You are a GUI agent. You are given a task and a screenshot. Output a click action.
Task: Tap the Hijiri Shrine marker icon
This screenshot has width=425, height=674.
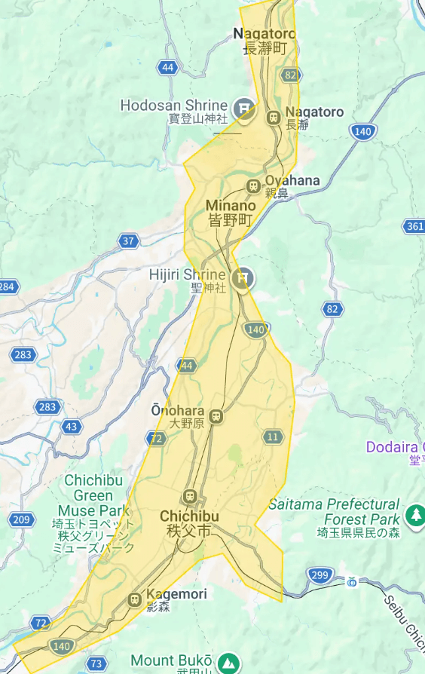click(243, 278)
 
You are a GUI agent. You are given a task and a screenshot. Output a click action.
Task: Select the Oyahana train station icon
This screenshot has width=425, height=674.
click(253, 186)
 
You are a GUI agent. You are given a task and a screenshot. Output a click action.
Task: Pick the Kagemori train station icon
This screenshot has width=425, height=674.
click(136, 599)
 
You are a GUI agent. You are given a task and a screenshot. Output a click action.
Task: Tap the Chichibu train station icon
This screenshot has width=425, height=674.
click(188, 497)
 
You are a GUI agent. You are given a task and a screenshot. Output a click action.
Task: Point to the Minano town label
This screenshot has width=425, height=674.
click(229, 213)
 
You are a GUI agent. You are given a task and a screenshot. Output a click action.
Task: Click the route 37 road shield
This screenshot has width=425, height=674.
click(128, 241)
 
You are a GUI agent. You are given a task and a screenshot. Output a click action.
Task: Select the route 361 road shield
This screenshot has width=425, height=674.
click(414, 226)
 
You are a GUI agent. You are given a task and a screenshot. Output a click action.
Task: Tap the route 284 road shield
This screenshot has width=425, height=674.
click(8, 286)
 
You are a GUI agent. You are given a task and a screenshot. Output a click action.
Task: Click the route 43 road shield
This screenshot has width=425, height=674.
click(72, 427)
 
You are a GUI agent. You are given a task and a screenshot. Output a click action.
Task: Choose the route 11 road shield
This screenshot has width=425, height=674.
click(273, 437)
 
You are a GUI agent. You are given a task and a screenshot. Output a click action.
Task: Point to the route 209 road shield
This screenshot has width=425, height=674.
click(22, 519)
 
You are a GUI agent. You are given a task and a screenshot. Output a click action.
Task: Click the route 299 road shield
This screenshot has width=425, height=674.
click(320, 575)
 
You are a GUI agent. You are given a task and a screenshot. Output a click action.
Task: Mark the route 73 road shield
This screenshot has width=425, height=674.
click(96, 664)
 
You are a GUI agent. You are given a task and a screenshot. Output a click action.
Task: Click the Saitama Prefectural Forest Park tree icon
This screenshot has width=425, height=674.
click(414, 516)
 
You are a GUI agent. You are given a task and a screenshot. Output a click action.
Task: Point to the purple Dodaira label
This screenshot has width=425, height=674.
click(395, 447)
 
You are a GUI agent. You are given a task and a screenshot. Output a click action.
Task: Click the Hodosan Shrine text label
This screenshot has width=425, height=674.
click(174, 106)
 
